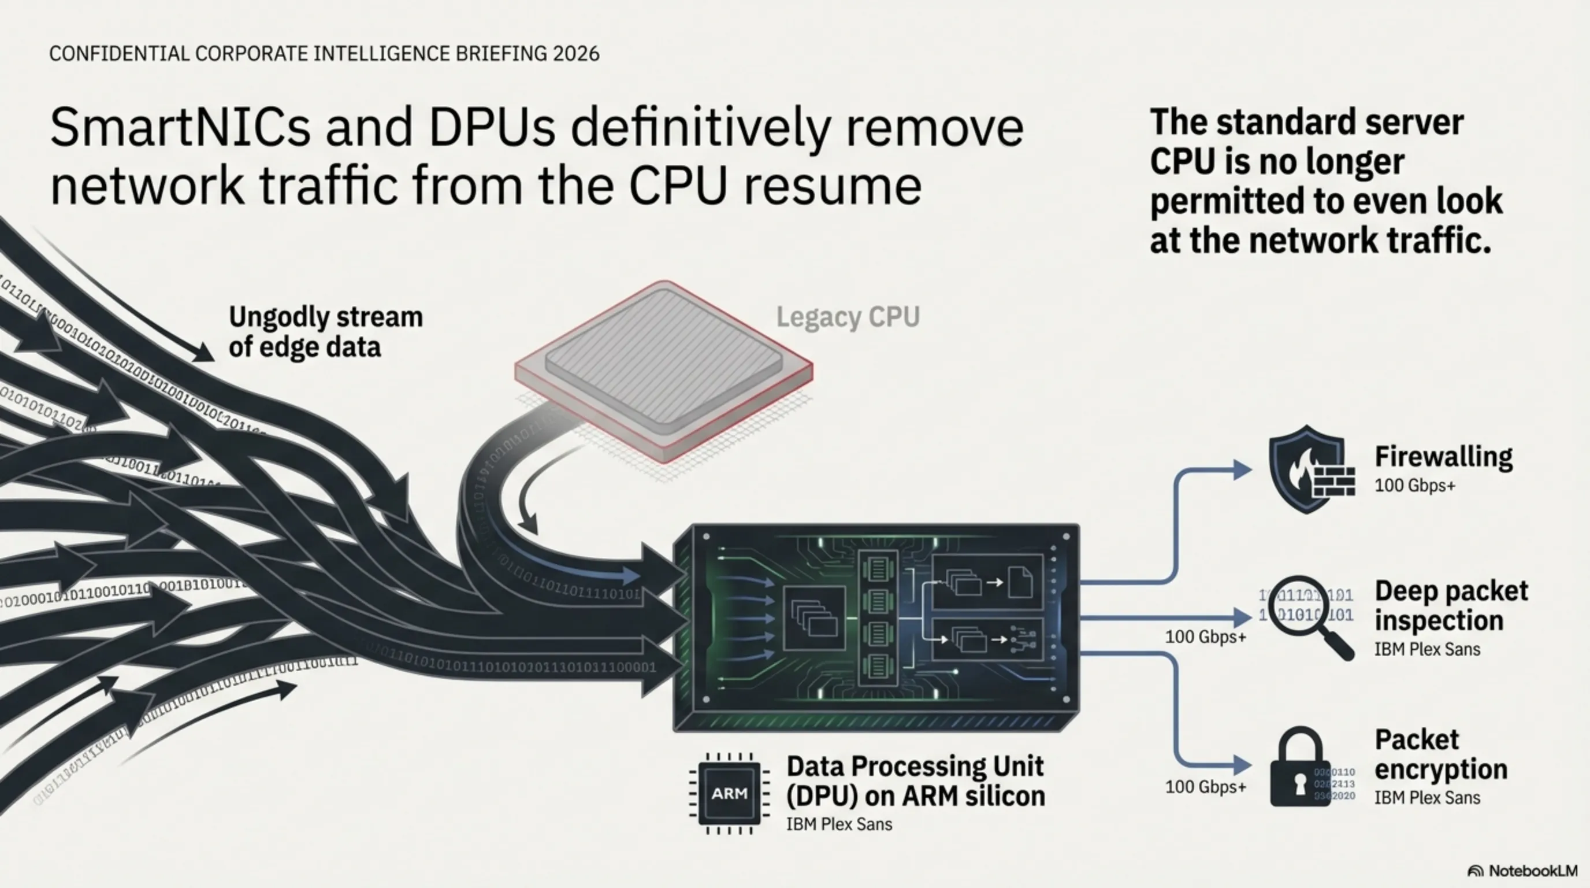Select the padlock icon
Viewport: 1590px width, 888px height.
(1300, 769)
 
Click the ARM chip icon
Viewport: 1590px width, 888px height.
(729, 794)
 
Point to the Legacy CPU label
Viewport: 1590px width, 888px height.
(848, 317)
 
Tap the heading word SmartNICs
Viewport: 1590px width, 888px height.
(180, 127)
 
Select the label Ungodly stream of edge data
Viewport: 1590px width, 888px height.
(325, 332)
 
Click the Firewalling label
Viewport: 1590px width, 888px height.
(1443, 457)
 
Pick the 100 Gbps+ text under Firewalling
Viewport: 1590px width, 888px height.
(1415, 486)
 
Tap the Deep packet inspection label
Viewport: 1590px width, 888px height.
(1451, 606)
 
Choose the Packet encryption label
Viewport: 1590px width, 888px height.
(1440, 754)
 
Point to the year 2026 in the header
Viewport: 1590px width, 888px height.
(576, 54)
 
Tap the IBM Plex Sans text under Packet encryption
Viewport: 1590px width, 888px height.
(1427, 798)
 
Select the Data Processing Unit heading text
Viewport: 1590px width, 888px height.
(915, 767)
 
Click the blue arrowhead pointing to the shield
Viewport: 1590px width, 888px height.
(1241, 469)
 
